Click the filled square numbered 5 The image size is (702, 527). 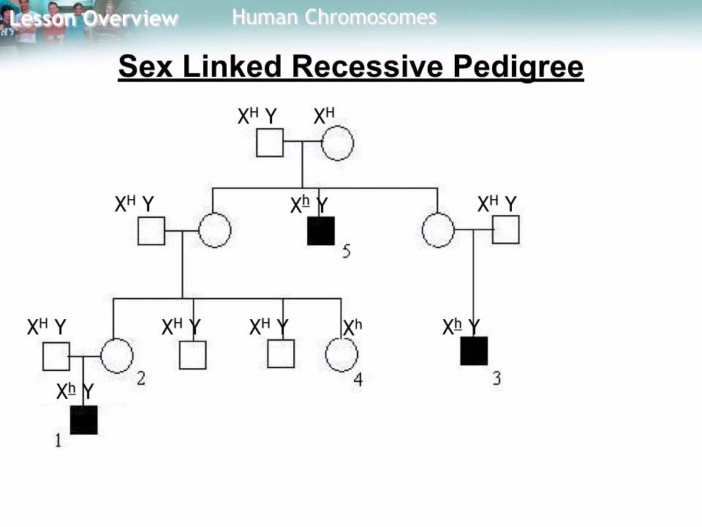(x=321, y=231)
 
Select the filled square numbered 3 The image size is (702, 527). (x=474, y=351)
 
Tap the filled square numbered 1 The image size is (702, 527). (x=83, y=420)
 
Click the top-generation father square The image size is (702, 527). (x=270, y=143)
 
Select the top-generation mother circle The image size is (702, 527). (x=337, y=143)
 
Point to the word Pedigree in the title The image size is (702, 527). (x=518, y=67)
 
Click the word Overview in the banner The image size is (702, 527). (x=130, y=19)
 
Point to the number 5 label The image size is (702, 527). (x=346, y=253)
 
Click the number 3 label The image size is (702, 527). (x=497, y=378)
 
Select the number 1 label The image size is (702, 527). (x=58, y=440)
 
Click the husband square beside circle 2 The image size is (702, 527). (x=56, y=356)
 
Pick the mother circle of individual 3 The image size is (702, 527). (x=439, y=231)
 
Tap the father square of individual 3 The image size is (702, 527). (x=505, y=230)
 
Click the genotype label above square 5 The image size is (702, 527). (x=309, y=206)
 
